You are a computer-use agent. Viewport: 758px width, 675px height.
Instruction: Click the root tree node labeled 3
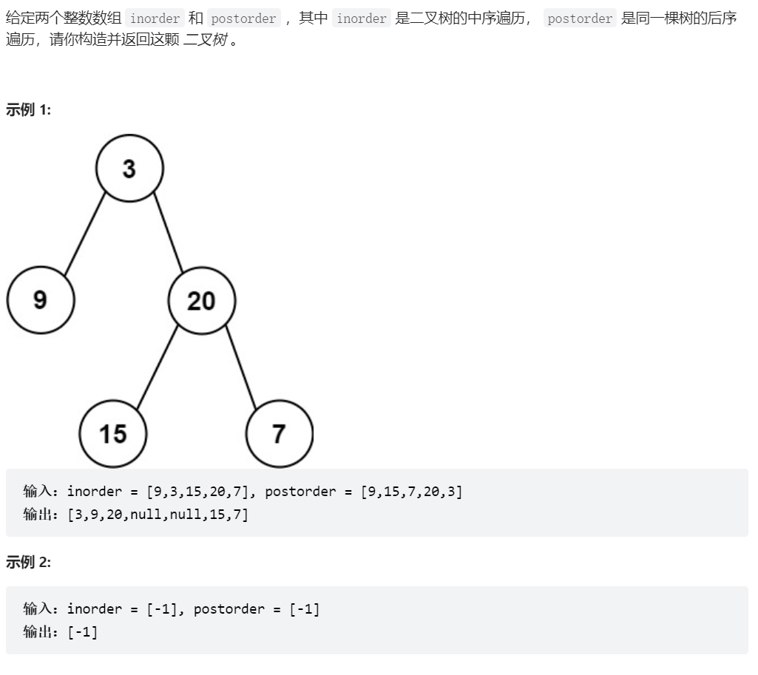129,168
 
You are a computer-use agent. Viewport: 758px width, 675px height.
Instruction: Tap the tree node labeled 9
41,300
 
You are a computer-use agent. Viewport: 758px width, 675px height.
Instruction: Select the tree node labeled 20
202,301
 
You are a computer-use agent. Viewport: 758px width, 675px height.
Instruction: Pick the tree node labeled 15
113,433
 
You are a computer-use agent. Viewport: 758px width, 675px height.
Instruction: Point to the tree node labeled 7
280,433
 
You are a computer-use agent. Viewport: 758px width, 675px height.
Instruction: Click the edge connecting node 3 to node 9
85,234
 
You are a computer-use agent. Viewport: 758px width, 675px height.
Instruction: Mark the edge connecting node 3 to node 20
168,233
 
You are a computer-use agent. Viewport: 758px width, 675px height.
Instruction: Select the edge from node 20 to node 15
158,367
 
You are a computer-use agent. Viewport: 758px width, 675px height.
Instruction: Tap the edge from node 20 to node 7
241,367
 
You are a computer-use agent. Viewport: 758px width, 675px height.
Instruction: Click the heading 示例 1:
29,109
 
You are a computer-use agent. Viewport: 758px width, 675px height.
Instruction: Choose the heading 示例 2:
29,562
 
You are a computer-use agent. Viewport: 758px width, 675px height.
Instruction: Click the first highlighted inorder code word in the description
155,18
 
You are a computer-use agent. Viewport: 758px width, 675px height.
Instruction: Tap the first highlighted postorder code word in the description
243,18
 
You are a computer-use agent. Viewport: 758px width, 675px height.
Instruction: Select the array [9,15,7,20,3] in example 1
411,492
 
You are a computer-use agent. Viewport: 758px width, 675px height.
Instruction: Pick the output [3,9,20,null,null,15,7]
158,515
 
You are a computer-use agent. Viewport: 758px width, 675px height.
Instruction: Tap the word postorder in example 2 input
229,608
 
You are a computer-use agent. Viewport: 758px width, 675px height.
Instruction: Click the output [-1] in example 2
83,632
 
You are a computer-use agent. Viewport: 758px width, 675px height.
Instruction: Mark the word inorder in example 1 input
94,491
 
